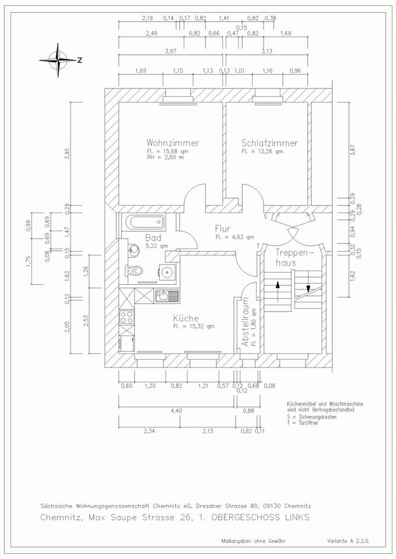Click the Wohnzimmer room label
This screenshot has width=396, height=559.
click(173, 143)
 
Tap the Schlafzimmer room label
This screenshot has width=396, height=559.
click(269, 143)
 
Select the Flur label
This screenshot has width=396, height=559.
click(222, 228)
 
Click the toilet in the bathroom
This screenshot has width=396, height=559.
click(134, 271)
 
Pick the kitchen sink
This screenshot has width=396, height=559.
click(167, 295)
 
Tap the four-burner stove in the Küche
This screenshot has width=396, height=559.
click(127, 317)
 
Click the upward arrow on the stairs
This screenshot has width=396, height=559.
click(278, 291)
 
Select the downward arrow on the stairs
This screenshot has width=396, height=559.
click(308, 282)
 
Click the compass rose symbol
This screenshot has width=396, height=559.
click(58, 60)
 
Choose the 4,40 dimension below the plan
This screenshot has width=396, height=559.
click(176, 411)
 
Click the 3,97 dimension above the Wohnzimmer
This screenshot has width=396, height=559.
click(171, 51)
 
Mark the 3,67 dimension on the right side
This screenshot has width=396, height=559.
click(353, 150)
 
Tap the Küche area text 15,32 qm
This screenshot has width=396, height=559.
click(194, 326)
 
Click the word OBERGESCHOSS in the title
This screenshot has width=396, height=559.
click(243, 518)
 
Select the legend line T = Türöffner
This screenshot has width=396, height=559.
click(302, 423)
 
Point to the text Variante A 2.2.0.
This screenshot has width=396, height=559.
click(348, 541)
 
